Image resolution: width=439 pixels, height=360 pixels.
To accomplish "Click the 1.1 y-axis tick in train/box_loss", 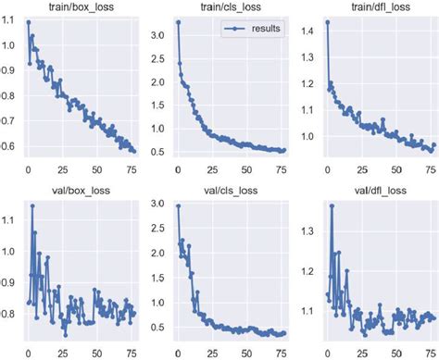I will click(9, 21).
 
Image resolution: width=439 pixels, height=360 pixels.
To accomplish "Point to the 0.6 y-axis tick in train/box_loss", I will click(9, 145).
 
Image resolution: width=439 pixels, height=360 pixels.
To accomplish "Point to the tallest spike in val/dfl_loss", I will click(332, 205).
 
